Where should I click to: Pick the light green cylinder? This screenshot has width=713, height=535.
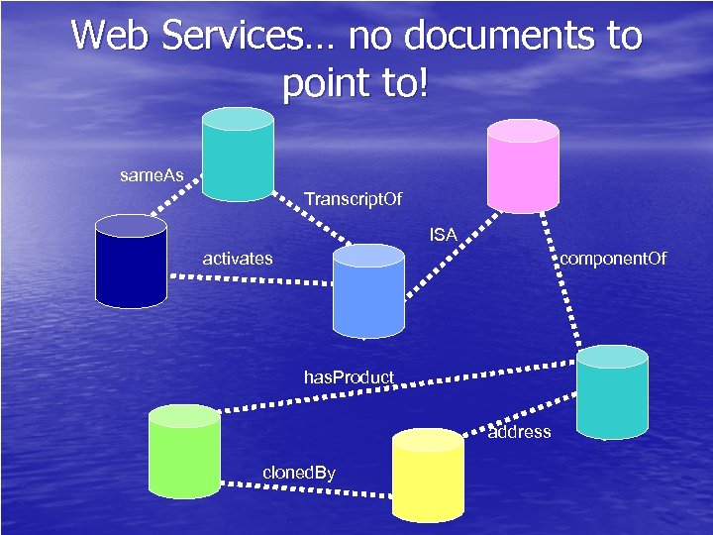pos(183,451)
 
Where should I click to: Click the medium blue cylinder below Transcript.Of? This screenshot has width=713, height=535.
pos(367,291)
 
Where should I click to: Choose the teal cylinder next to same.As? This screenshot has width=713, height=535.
pos(237,153)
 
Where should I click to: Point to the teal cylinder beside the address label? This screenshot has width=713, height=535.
pos(612,392)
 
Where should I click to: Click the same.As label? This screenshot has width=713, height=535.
pos(152,175)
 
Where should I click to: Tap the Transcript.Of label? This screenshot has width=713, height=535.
pos(354,200)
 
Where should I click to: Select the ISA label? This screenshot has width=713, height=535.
pos(443,235)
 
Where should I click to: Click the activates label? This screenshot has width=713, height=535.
pos(238,259)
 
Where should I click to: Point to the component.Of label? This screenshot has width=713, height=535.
pos(614,260)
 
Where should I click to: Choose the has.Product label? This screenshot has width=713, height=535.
pos(349,377)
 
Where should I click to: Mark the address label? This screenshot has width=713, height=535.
pos(520,432)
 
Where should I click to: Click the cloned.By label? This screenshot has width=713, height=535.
pos(299,473)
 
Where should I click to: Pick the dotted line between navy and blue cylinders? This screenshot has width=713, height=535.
pos(248,279)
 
